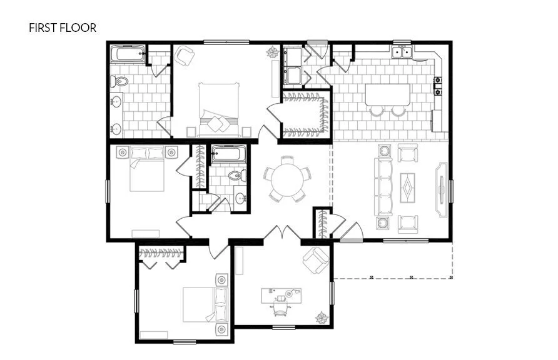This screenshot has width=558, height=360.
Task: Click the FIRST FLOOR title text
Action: coord(62,28)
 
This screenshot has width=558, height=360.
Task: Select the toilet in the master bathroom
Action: coord(119,81)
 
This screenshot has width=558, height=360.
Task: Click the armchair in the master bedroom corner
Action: coord(185,56)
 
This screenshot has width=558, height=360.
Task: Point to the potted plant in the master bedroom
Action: coord(273,52)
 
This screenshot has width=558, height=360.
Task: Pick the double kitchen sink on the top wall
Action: coord(402,52)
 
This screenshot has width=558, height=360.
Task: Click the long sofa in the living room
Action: coord(383,186)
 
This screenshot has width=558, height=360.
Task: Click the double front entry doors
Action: coord(282,234)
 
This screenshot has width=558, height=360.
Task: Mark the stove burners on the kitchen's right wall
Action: coord(438,86)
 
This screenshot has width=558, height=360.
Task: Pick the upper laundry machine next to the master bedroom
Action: coord(292,57)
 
